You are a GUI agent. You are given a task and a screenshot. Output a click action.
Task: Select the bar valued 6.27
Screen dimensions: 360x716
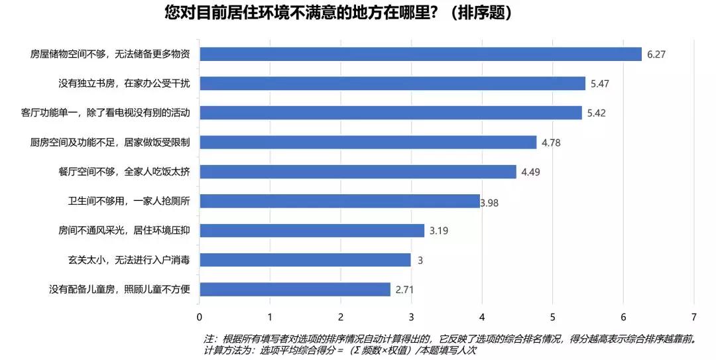[420, 54]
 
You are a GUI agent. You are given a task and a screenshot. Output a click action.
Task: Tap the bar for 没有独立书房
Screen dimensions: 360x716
[392, 84]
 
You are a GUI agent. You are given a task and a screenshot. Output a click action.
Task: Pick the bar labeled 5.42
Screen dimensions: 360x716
[390, 113]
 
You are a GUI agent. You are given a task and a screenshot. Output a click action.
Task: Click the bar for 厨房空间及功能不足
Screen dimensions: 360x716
[368, 142]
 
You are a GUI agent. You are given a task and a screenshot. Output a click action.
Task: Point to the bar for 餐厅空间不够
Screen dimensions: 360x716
[358, 172]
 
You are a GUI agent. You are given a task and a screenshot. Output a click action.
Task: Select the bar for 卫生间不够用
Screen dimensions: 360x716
[339, 201]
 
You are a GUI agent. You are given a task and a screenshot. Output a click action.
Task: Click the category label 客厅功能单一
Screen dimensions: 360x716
[106, 113]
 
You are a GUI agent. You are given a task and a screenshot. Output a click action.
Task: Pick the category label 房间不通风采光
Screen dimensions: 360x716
[125, 231]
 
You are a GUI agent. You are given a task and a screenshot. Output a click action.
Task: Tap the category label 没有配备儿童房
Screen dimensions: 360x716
[120, 290]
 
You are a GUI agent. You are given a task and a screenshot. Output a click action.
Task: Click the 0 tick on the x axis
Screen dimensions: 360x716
[199, 316]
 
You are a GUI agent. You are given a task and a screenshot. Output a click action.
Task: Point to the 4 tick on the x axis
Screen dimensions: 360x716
[482, 316]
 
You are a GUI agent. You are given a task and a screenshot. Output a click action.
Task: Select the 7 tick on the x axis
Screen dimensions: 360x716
[694, 316]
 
